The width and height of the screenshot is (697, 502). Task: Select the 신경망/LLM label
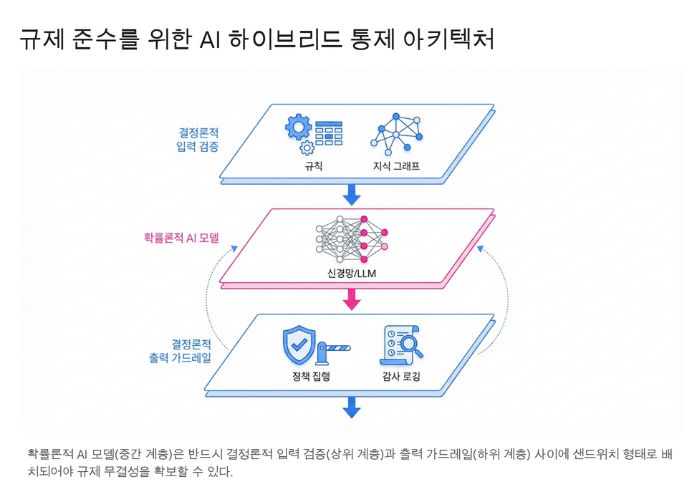(x=350, y=274)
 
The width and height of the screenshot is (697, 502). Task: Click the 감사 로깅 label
(x=401, y=376)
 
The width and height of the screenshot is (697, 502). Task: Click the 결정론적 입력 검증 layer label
(x=198, y=139)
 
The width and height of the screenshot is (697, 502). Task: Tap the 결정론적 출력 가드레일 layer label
(x=180, y=350)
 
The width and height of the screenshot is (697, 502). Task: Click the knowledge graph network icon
(x=396, y=133)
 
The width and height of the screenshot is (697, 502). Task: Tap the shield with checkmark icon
(x=299, y=344)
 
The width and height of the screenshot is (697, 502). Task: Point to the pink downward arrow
(x=351, y=299)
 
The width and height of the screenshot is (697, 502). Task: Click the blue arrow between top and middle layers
(x=351, y=193)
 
